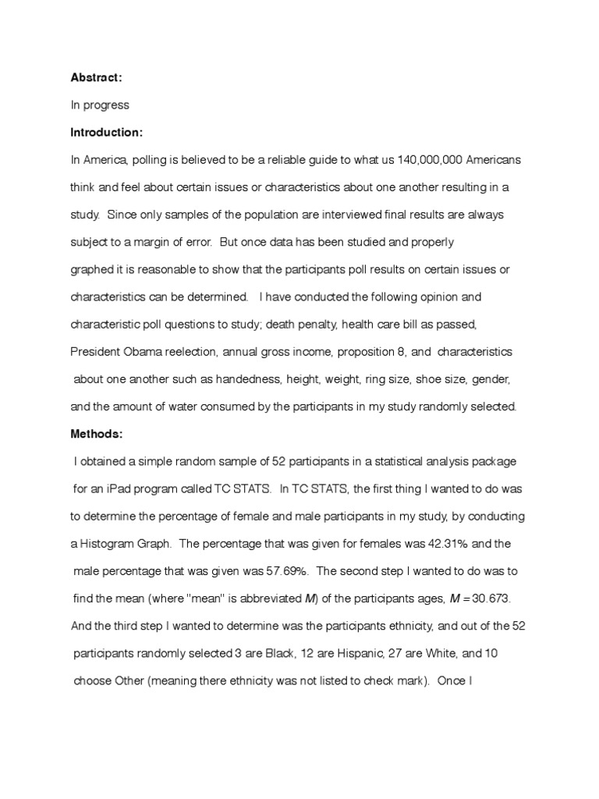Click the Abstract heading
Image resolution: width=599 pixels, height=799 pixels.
click(96, 77)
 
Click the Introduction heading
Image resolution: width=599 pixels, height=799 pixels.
click(107, 132)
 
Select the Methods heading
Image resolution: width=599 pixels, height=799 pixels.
click(97, 434)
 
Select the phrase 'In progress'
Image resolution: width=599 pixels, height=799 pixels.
click(100, 105)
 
